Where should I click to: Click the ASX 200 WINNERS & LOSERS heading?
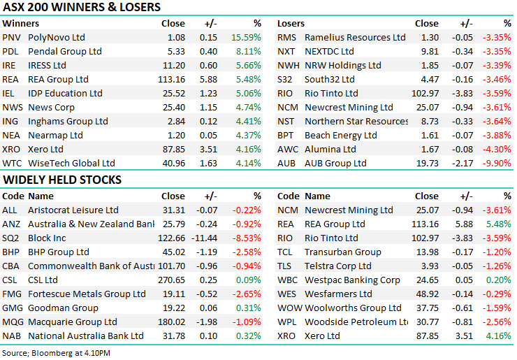coord(82,8)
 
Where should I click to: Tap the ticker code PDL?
coord(10,51)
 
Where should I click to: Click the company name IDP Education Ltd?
coord(65,93)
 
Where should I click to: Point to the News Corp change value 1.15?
coord(207,107)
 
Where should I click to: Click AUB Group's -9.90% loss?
coord(497,163)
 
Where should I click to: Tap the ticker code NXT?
coord(286,51)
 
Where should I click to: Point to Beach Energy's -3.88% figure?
coord(497,135)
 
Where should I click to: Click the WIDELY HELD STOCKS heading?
coord(62,180)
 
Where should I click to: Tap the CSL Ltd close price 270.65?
coord(170,280)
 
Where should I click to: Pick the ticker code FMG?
coord(12,294)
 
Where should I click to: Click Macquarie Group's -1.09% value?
coord(247,322)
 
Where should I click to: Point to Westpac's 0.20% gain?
coord(500,280)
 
